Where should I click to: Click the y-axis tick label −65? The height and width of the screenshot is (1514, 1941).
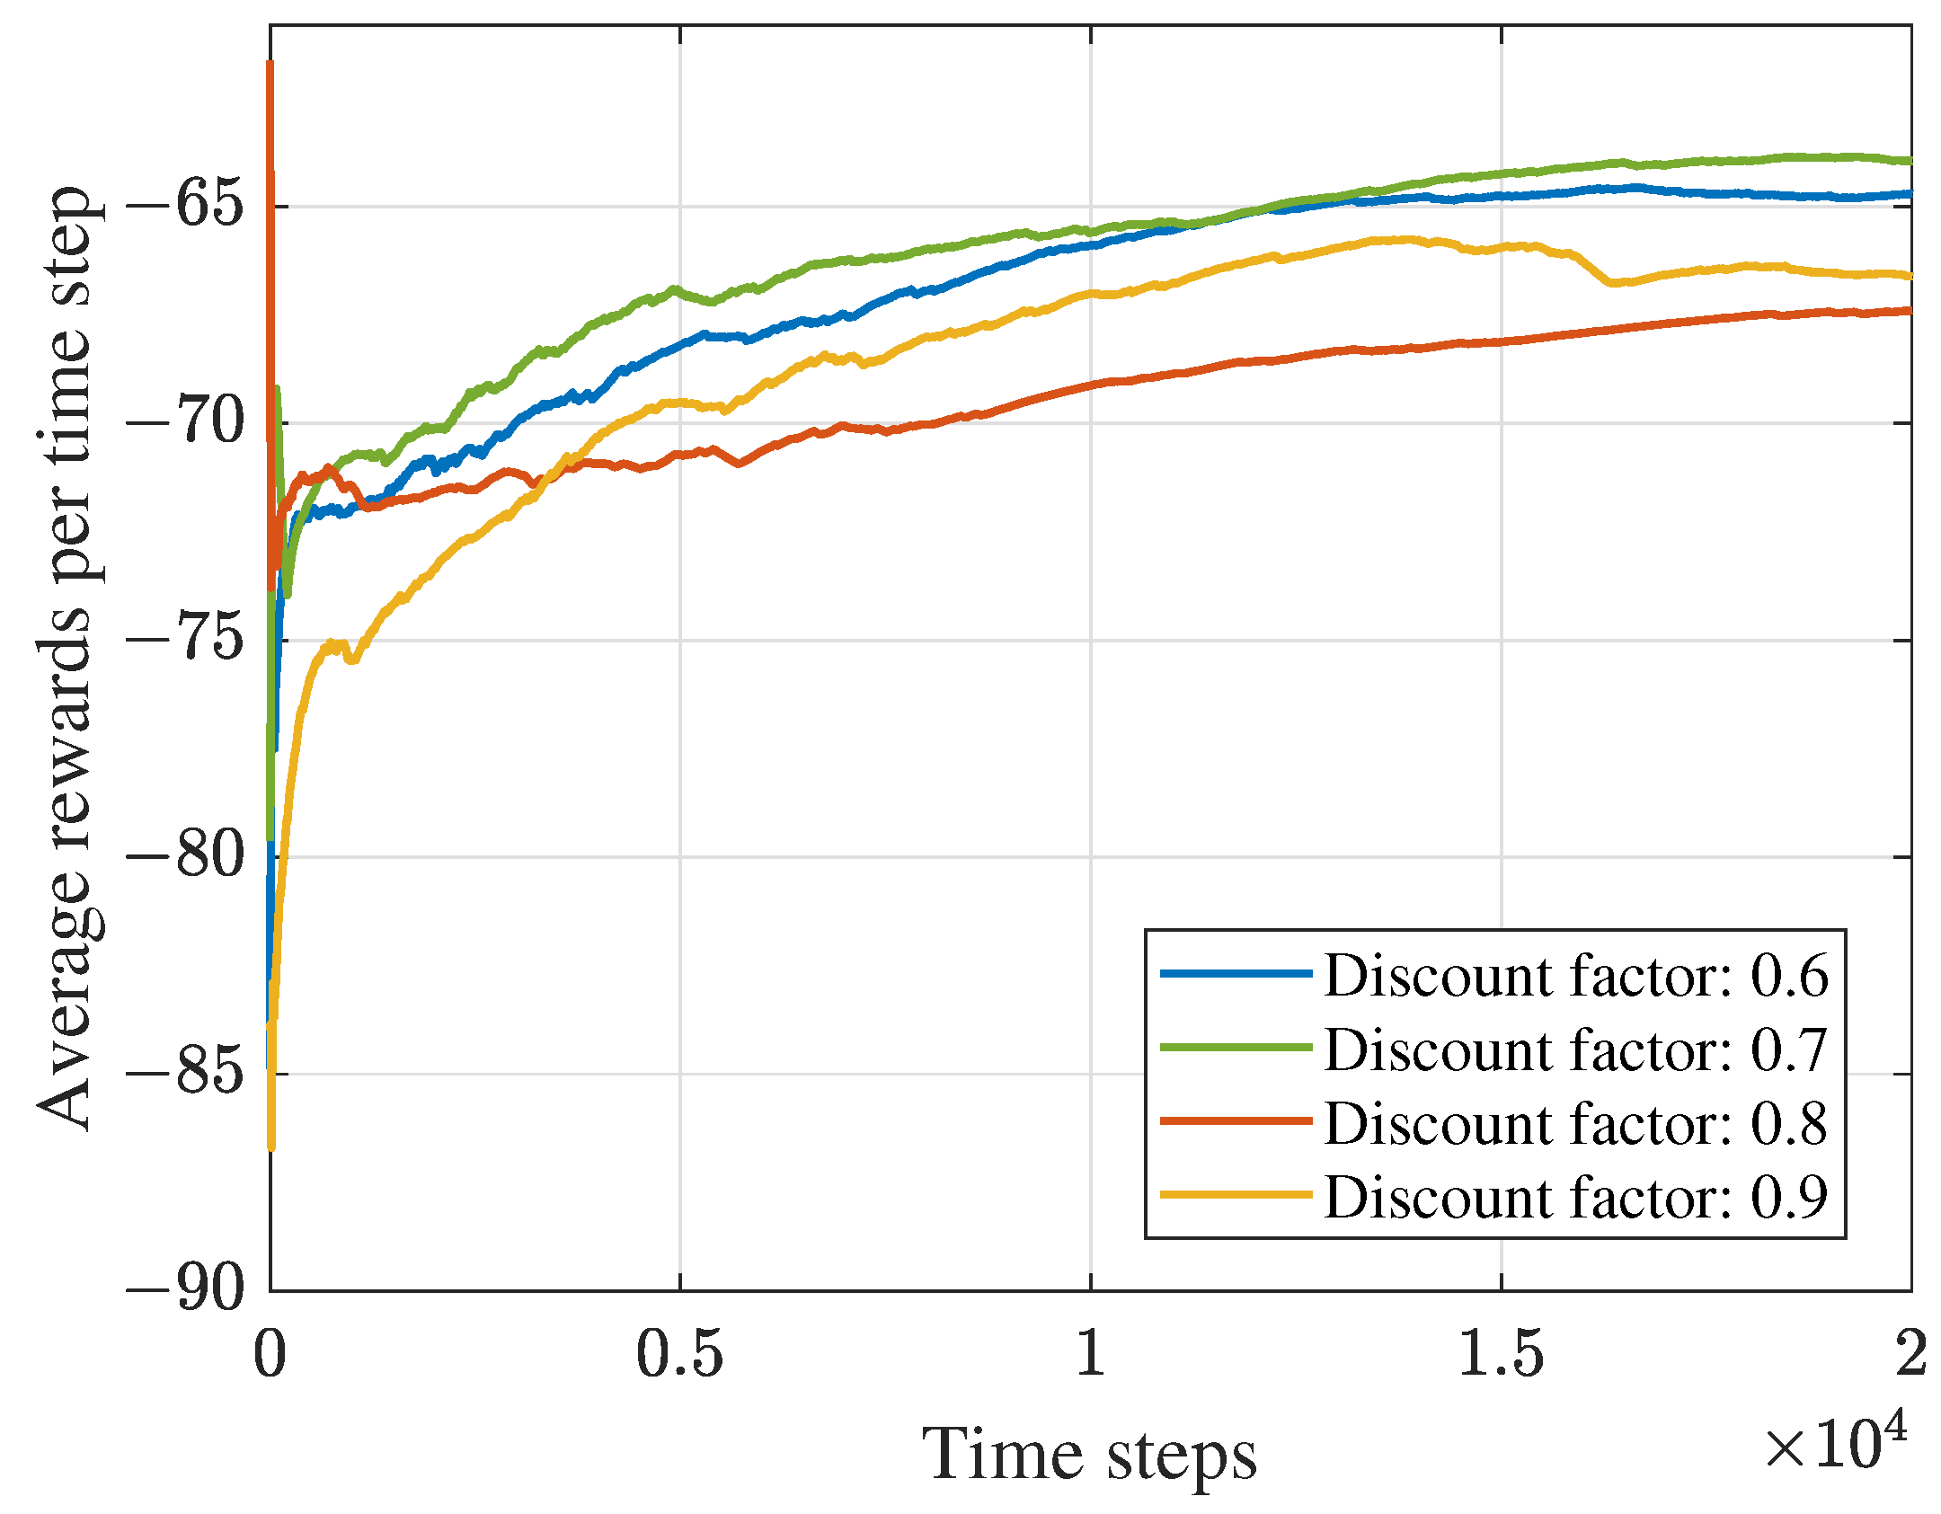(185, 206)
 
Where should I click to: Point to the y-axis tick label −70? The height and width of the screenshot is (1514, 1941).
(185, 422)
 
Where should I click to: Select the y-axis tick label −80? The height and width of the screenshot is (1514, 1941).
(185, 855)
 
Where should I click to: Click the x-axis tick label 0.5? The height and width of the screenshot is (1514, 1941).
(679, 1353)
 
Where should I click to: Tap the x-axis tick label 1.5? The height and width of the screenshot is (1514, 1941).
(1501, 1353)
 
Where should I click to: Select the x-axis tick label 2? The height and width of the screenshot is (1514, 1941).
(1910, 1353)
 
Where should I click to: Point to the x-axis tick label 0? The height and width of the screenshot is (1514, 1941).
(270, 1353)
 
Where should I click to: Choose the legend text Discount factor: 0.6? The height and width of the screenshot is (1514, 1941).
(1575, 976)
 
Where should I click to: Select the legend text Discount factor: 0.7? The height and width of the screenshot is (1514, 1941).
(1575, 1049)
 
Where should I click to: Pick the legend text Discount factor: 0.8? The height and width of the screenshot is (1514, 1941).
(1575, 1123)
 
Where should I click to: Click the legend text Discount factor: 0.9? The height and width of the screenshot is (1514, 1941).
(1575, 1197)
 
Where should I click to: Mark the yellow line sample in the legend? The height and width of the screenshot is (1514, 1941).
(1236, 1195)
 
